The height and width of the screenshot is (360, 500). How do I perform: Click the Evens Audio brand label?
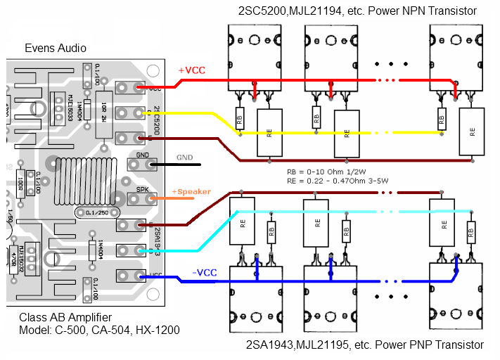56,48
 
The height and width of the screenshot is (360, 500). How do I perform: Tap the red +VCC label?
191,71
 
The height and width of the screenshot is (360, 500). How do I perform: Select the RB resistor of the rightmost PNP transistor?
470,234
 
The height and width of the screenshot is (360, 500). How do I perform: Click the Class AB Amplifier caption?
65,318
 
